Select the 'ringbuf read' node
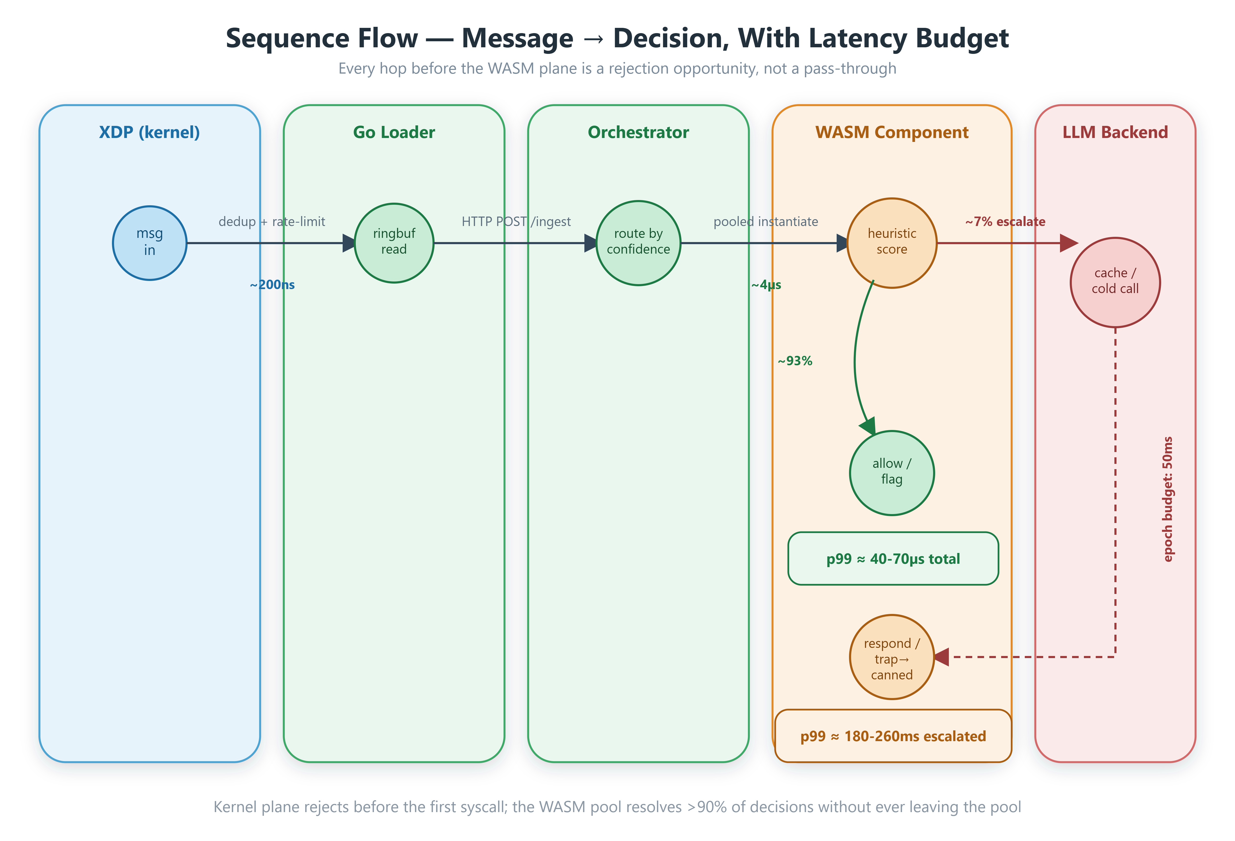pyautogui.click(x=394, y=243)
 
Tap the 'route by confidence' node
pyautogui.click(x=638, y=243)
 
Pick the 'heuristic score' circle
pyautogui.click(x=892, y=243)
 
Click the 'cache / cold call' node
pyautogui.click(x=1115, y=282)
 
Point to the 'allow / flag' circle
pyautogui.click(x=892, y=473)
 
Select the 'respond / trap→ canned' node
pyautogui.click(x=892, y=657)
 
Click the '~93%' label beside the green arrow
pyautogui.click(x=795, y=361)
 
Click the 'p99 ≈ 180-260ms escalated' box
pyautogui.click(x=893, y=736)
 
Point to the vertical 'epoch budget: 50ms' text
pyautogui.click(x=1167, y=499)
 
